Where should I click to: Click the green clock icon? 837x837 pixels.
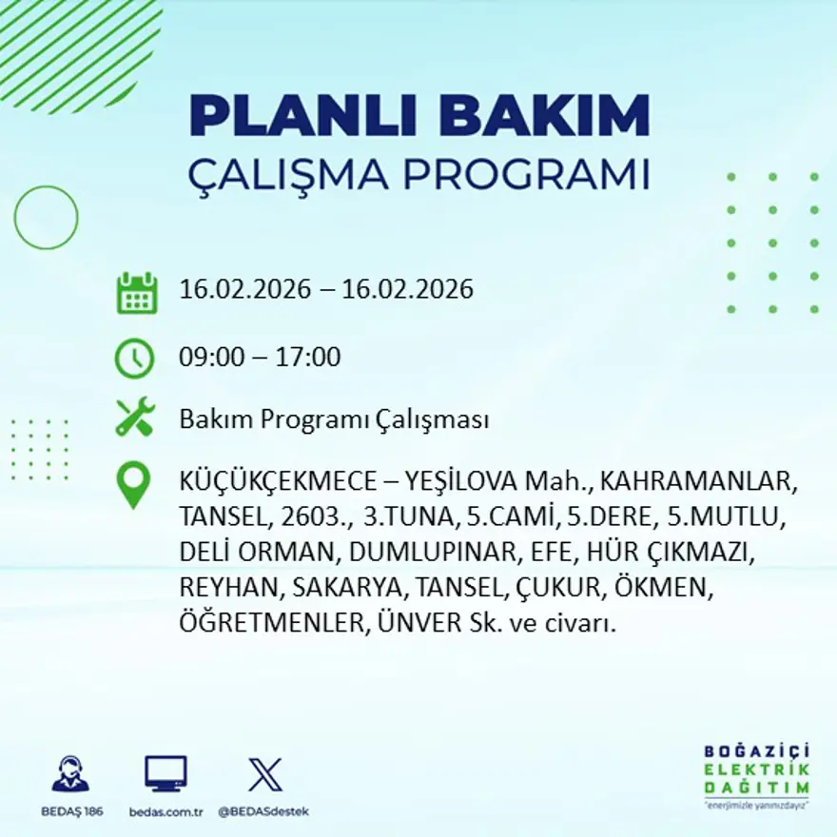point(134,359)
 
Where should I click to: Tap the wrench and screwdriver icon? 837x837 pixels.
point(134,418)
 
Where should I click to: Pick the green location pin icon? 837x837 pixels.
point(133,484)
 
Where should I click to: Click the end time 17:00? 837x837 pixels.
point(309,358)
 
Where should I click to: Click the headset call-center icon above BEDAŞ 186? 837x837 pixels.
point(70,774)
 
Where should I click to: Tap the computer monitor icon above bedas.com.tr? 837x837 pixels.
point(165,774)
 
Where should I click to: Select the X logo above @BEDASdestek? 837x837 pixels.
point(264,774)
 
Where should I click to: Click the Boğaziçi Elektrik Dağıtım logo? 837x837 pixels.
point(756,771)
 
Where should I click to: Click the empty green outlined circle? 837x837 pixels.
point(46,218)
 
